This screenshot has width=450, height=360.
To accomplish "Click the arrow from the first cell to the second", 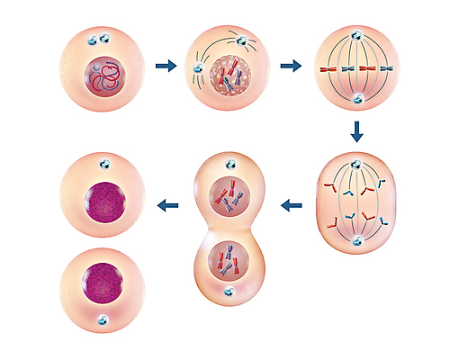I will pyautogui.click(x=165, y=66).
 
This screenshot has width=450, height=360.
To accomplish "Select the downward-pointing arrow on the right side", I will pyautogui.click(x=357, y=131).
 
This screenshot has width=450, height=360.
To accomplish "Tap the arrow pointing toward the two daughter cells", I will pyautogui.click(x=166, y=206).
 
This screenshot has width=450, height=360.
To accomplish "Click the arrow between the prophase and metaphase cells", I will pyautogui.click(x=291, y=66).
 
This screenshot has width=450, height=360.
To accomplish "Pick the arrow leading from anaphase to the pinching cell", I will pyautogui.click(x=291, y=206).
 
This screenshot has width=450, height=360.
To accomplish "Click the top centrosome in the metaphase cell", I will pyautogui.click(x=357, y=37).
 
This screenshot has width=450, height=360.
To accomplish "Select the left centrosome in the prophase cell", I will pyautogui.click(x=196, y=67).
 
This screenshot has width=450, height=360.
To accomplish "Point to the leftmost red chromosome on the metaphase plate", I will pyautogui.click(x=320, y=67).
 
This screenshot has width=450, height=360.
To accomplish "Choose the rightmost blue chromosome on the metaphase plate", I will pyautogui.click(x=394, y=67).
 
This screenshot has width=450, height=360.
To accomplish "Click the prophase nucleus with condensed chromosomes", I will pyautogui.click(x=229, y=75).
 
